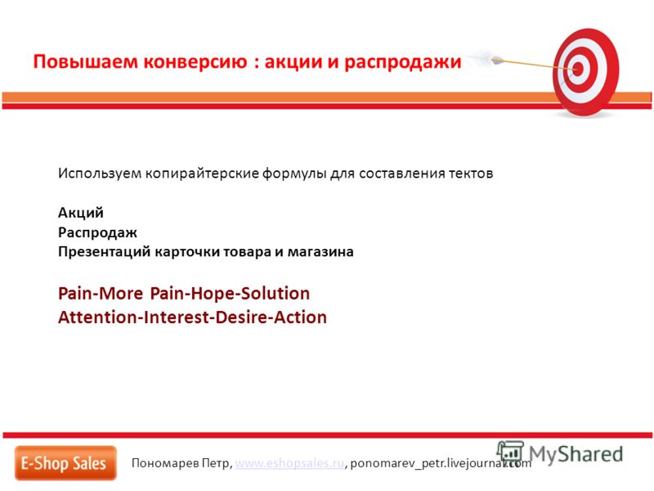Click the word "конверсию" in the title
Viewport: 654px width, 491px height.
click(x=195, y=62)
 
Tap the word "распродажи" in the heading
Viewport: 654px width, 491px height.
click(x=402, y=63)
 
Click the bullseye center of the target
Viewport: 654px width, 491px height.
click(x=578, y=69)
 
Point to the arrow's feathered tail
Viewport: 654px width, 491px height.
click(x=484, y=57)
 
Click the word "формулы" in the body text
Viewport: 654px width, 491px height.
click(x=294, y=173)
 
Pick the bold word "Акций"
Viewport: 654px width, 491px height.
click(x=81, y=213)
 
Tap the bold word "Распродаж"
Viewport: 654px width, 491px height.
click(x=97, y=232)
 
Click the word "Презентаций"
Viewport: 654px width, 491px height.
click(x=105, y=252)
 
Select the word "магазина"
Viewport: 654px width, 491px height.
click(x=320, y=252)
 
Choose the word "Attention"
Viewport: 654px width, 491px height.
click(x=97, y=318)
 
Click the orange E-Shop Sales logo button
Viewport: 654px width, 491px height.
click(x=65, y=463)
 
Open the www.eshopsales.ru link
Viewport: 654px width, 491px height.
click(x=289, y=463)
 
